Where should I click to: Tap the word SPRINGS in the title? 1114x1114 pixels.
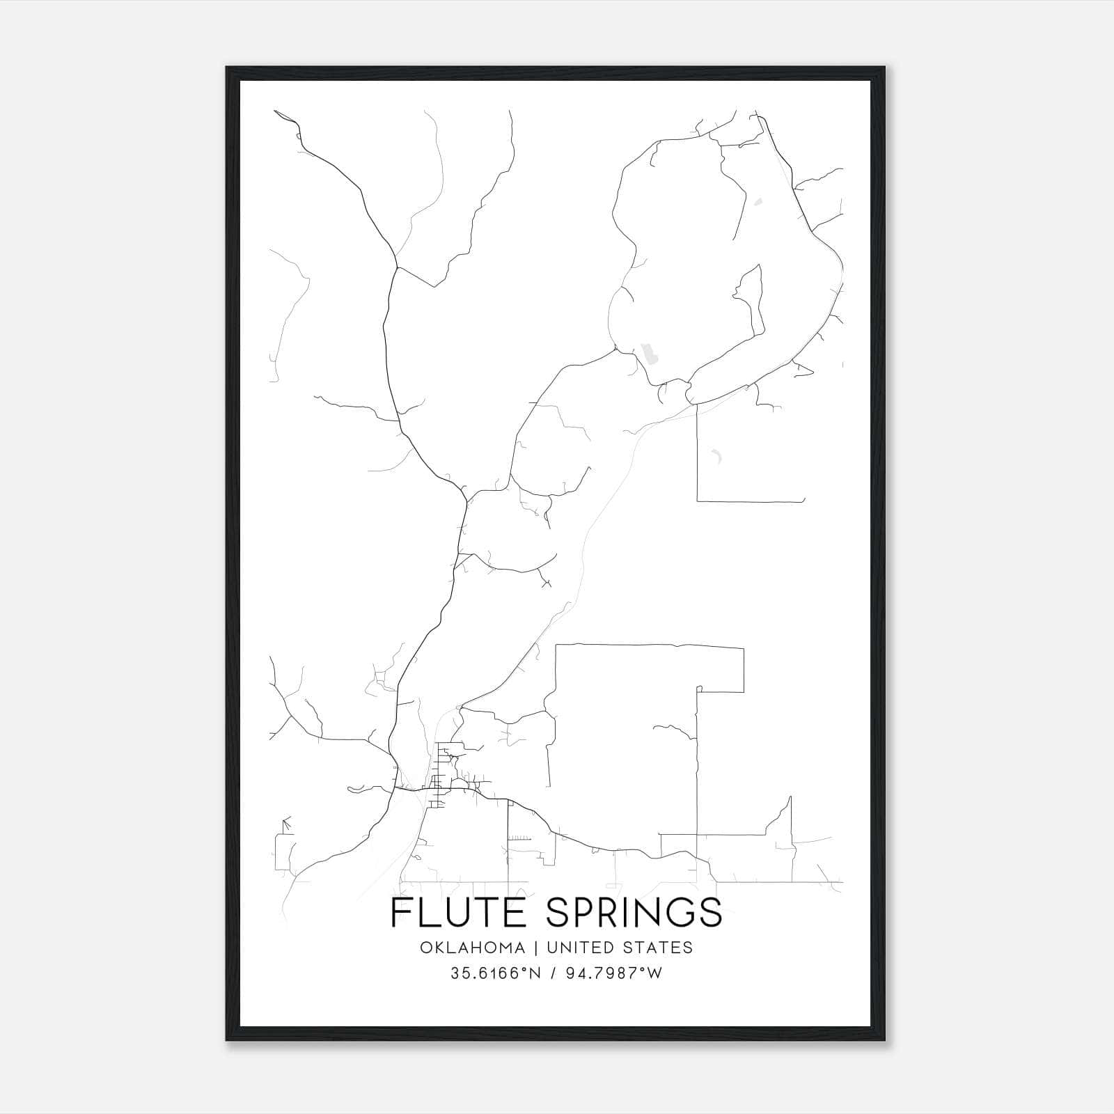tap(634, 912)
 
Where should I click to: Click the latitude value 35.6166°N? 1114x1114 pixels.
tap(496, 973)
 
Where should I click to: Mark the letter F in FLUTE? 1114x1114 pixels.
tap(400, 912)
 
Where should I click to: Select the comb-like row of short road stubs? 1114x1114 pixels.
tap(519, 838)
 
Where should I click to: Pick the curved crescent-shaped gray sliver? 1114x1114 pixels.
tap(716, 457)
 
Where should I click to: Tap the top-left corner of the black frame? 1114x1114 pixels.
tap(228, 69)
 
